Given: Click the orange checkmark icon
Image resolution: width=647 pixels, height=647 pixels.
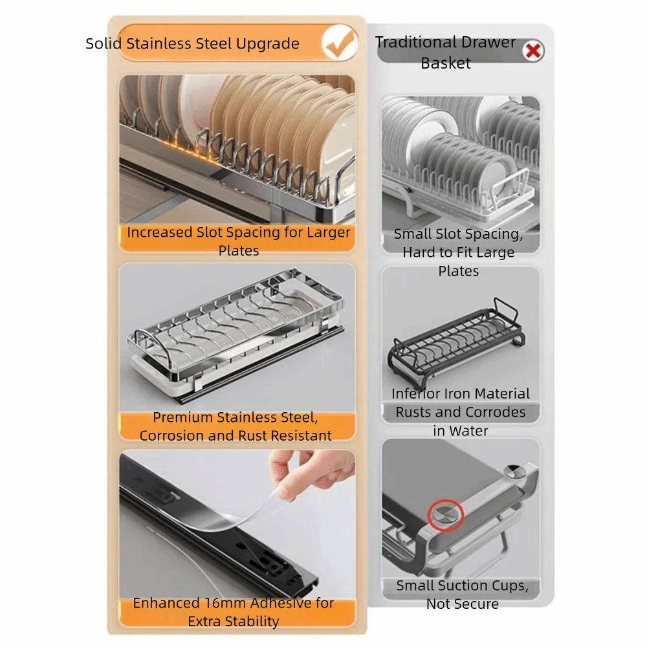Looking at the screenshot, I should [x=340, y=43].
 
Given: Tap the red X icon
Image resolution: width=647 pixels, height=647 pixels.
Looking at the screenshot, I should [x=533, y=50].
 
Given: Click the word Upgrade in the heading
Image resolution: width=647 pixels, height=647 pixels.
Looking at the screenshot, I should [x=267, y=44].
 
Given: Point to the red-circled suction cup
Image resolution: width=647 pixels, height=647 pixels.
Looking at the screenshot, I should [x=445, y=514].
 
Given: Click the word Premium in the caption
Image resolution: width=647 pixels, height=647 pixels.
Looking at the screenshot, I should [x=184, y=417].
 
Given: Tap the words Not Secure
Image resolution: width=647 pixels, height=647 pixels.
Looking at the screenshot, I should [x=462, y=604].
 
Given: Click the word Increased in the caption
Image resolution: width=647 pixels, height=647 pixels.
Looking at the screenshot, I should [x=159, y=232].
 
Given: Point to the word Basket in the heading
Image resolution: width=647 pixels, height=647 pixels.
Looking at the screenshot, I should [x=446, y=63].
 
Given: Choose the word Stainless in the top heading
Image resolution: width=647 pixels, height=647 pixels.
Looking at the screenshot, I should [x=159, y=44].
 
